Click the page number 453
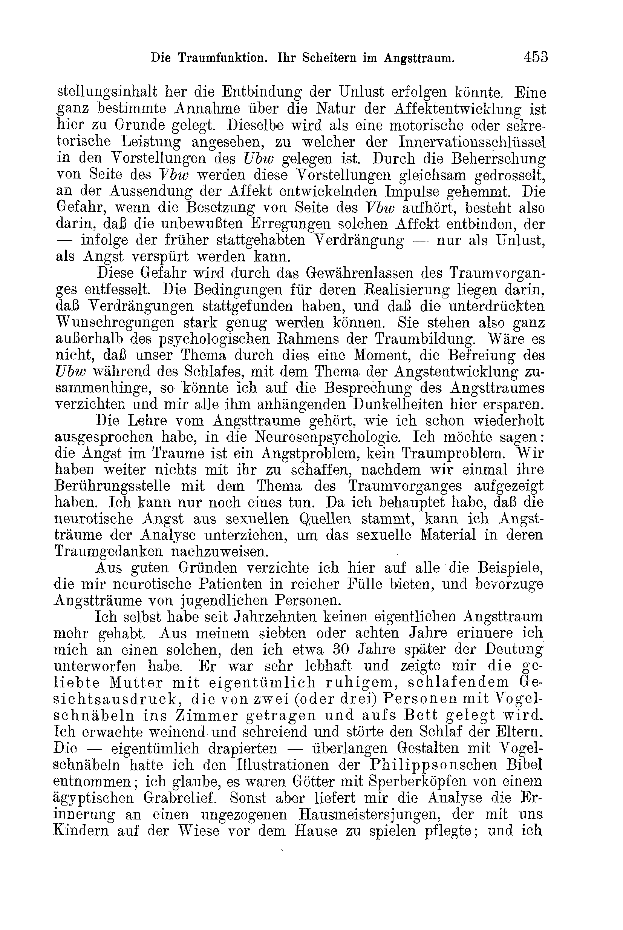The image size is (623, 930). click(x=536, y=57)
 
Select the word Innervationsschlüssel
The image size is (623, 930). click(x=472, y=142)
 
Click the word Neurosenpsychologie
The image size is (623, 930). click(x=327, y=437)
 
